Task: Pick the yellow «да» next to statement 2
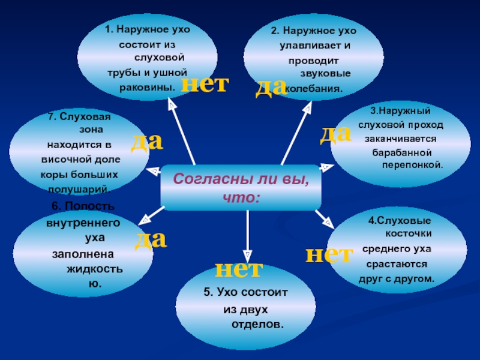pos(271,86)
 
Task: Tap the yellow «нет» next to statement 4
pos(329,254)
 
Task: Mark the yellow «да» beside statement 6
pos(150,238)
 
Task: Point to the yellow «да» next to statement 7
pos(147,140)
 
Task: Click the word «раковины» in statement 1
pos(148,86)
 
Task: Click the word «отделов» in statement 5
pos(256,324)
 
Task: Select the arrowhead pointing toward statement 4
pos(328,221)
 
